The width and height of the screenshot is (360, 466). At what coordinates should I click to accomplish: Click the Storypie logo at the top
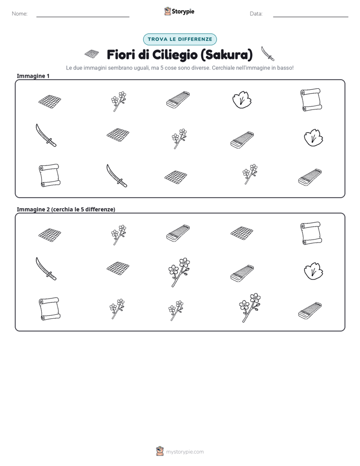click(179, 11)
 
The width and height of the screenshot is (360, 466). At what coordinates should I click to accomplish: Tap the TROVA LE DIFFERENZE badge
click(179, 39)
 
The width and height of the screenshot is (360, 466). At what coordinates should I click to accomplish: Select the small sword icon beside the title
click(268, 54)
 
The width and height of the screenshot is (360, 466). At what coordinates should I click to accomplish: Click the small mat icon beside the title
click(91, 54)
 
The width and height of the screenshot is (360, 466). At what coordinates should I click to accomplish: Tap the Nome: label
click(20, 14)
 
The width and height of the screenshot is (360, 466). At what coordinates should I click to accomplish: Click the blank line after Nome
click(83, 17)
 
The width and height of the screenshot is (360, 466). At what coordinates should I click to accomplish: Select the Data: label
click(256, 14)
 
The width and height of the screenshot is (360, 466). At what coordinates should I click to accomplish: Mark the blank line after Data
click(311, 17)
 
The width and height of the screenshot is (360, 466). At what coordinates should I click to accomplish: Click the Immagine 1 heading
click(33, 76)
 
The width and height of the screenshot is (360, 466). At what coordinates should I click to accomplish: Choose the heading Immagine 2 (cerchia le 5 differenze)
click(66, 209)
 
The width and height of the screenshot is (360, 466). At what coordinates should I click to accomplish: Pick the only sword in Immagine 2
click(46, 269)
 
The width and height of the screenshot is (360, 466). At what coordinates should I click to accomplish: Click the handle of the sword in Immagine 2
click(52, 276)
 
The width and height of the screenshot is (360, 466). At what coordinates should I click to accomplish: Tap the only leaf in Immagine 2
click(314, 271)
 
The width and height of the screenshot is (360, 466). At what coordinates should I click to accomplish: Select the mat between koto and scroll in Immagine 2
click(242, 233)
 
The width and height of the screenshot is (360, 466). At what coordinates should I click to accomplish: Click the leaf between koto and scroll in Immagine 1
click(242, 99)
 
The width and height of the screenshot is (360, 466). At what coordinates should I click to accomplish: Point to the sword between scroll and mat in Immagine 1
click(117, 176)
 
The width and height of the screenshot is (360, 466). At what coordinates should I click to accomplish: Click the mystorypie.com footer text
click(185, 452)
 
